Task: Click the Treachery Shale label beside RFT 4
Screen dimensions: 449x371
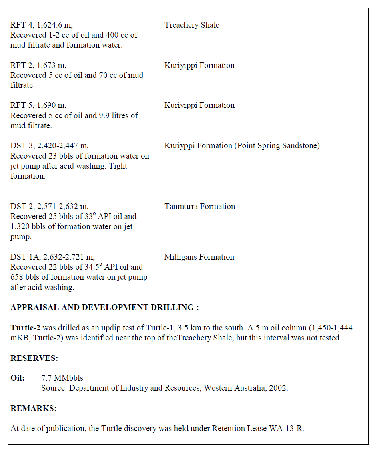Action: [191, 25]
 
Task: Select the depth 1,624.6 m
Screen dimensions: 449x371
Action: [55, 25]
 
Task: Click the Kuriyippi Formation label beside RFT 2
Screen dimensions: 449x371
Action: [199, 65]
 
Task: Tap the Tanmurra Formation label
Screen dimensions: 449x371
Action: [199, 206]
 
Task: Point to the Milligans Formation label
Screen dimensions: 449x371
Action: [199, 257]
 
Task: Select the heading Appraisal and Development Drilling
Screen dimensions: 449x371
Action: [104, 307]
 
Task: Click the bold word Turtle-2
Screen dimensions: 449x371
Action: [26, 328]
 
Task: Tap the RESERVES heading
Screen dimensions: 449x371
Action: [34, 358]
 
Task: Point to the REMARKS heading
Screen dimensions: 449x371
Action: [33, 408]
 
